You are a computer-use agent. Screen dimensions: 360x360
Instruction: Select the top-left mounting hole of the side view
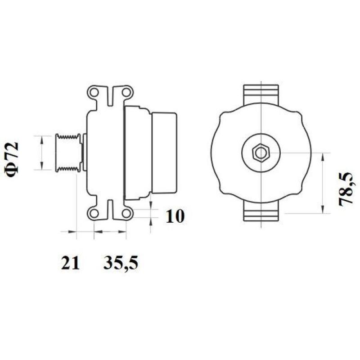pyautogui.click(x=95, y=94)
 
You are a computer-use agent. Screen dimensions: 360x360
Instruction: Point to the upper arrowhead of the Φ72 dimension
pyautogui.click(x=42, y=138)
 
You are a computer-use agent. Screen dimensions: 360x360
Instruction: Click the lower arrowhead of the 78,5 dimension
pyautogui.click(x=323, y=209)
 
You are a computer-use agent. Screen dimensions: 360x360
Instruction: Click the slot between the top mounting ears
pyautogui.click(x=111, y=95)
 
